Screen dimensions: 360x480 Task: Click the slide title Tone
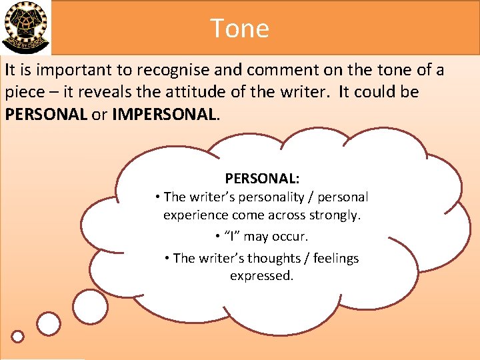(x=239, y=28)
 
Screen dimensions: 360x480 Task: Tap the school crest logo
(x=25, y=27)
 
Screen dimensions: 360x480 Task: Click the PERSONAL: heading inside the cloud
(x=262, y=179)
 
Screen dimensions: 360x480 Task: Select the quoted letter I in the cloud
(x=233, y=237)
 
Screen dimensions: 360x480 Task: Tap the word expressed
(x=261, y=275)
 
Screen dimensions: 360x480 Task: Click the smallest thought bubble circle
(x=18, y=337)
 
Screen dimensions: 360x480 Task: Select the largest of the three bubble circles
(x=90, y=307)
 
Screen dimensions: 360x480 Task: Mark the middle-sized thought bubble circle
(x=48, y=324)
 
